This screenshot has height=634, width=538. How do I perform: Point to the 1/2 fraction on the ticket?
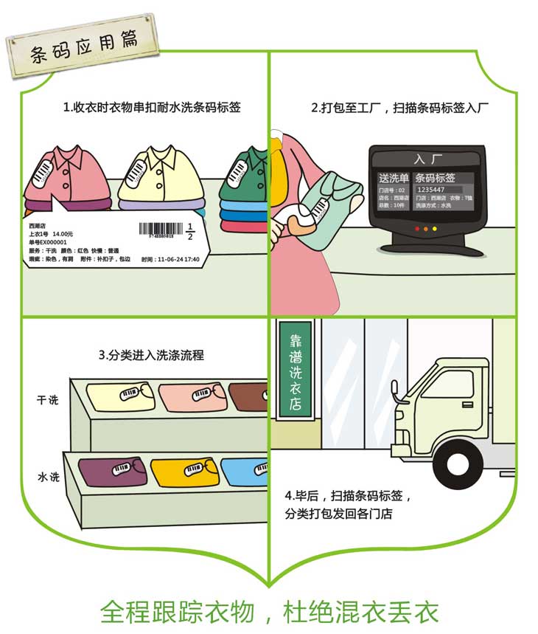(x=189, y=231)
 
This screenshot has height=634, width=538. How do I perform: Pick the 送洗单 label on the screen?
(x=393, y=178)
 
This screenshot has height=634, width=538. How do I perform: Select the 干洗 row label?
(x=48, y=400)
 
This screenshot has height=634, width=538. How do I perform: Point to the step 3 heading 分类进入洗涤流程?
(x=151, y=355)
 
